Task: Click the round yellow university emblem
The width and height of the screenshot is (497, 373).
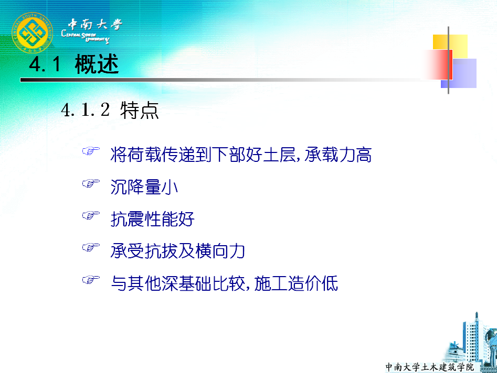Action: pos(32,32)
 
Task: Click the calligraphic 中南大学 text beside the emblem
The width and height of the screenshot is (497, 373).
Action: pos(95,25)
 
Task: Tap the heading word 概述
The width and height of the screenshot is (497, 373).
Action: pos(97,64)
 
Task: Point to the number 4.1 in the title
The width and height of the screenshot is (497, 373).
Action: pos(45,64)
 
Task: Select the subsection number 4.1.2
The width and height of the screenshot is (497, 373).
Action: pos(85,110)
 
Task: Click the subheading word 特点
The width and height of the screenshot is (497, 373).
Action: pos(140,110)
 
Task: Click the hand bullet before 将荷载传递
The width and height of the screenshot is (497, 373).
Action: pos(91,151)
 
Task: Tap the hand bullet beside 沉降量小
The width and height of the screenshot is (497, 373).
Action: pos(91,183)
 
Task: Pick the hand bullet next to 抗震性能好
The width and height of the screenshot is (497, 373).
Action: pos(91,215)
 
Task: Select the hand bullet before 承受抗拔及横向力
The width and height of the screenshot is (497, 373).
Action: pos(91,247)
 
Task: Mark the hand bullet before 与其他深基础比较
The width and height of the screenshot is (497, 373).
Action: pos(91,279)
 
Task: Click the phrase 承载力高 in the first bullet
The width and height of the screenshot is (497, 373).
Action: pos(338,155)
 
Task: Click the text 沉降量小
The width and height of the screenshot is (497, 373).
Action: pos(144,186)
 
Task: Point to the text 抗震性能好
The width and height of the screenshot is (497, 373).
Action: pos(153,219)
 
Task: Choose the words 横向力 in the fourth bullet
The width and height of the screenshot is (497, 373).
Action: pos(220,251)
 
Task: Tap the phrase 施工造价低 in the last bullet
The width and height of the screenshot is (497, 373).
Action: pos(296,283)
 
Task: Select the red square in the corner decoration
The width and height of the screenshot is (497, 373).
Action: pos(438,64)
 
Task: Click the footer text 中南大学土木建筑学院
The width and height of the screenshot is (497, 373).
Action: pos(429,367)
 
